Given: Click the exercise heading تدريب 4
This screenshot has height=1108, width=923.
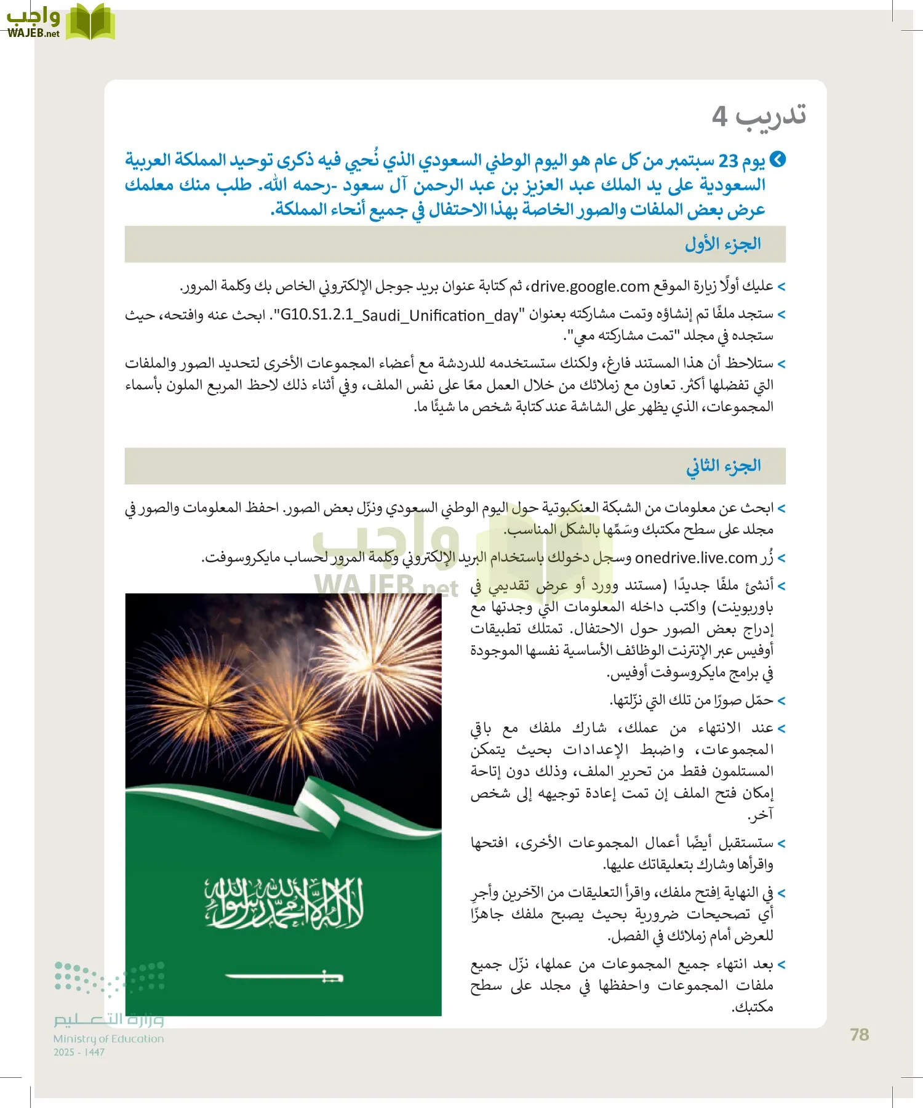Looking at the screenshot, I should [x=759, y=115].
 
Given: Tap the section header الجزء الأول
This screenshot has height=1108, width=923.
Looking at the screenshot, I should [x=722, y=244].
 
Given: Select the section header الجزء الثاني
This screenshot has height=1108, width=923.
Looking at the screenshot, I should [x=723, y=466].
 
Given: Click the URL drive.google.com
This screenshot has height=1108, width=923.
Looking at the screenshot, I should [x=590, y=286].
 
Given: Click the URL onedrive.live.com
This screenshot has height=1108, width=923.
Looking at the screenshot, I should [x=695, y=558].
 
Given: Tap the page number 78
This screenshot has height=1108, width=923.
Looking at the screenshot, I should [x=859, y=1035].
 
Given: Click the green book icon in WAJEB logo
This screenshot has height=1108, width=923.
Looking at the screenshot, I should [x=90, y=22].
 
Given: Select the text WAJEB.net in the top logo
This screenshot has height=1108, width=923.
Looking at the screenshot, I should [x=33, y=34].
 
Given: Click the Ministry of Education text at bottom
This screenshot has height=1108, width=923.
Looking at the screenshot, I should [x=108, y=1038].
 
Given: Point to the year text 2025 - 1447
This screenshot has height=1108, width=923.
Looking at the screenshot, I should [x=79, y=1053].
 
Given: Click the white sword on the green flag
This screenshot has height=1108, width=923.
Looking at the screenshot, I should [x=284, y=976].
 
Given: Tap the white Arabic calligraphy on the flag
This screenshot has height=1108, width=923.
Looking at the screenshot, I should [x=284, y=903].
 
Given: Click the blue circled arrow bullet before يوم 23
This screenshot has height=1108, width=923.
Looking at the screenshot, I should [x=778, y=160].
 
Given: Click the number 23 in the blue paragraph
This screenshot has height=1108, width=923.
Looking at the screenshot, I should [x=728, y=161].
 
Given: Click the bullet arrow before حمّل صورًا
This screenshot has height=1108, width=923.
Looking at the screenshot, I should [x=781, y=701].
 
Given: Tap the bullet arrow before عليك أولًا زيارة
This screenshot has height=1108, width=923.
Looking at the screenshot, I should [x=781, y=287].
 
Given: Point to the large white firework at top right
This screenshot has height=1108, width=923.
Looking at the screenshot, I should [x=375, y=659].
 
